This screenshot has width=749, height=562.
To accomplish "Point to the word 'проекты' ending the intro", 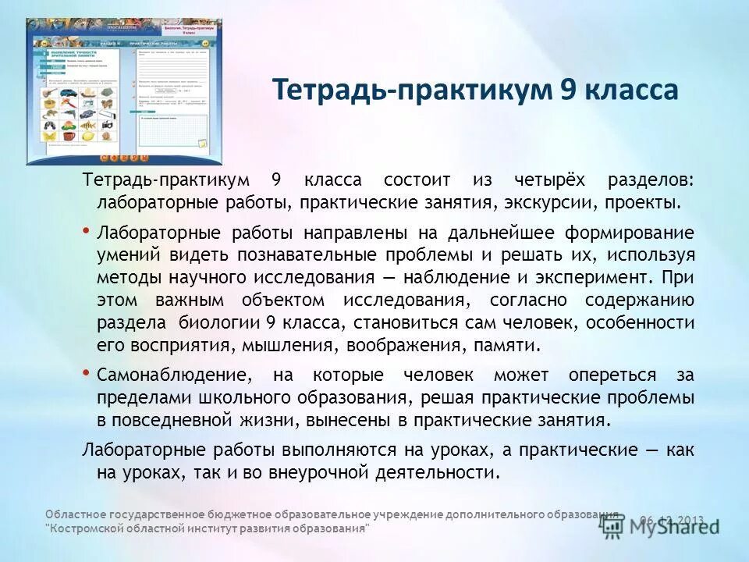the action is click(x=645, y=203).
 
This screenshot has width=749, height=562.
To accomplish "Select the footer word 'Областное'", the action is click(x=73, y=514).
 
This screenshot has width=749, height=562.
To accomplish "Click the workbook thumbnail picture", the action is click(x=124, y=91).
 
